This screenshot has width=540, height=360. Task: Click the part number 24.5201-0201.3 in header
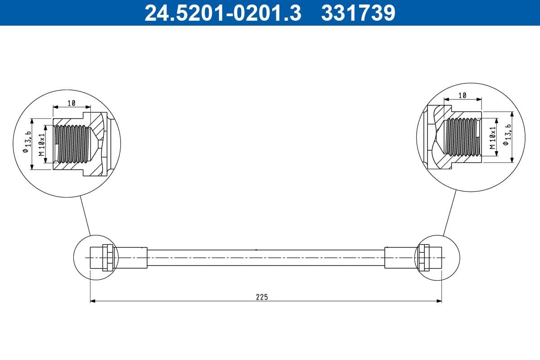coord(222,13)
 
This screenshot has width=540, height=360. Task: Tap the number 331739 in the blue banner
coord(358,13)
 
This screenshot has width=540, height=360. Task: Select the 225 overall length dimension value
coord(262,297)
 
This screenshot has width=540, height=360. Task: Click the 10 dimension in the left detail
coord(72,103)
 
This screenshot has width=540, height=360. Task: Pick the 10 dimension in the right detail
coord(462,95)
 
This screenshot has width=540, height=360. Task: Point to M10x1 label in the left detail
coord(42,144)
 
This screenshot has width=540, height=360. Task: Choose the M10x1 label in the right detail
coord(493,138)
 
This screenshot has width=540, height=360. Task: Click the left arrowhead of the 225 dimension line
coord(93,301)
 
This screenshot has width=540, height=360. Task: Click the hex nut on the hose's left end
coord(108,257)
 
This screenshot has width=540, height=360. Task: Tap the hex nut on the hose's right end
coord(423,257)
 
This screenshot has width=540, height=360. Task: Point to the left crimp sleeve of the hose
coord(130,257)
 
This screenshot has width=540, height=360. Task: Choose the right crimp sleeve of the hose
coord(400,257)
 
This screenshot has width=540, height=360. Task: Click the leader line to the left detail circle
coord(85,216)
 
